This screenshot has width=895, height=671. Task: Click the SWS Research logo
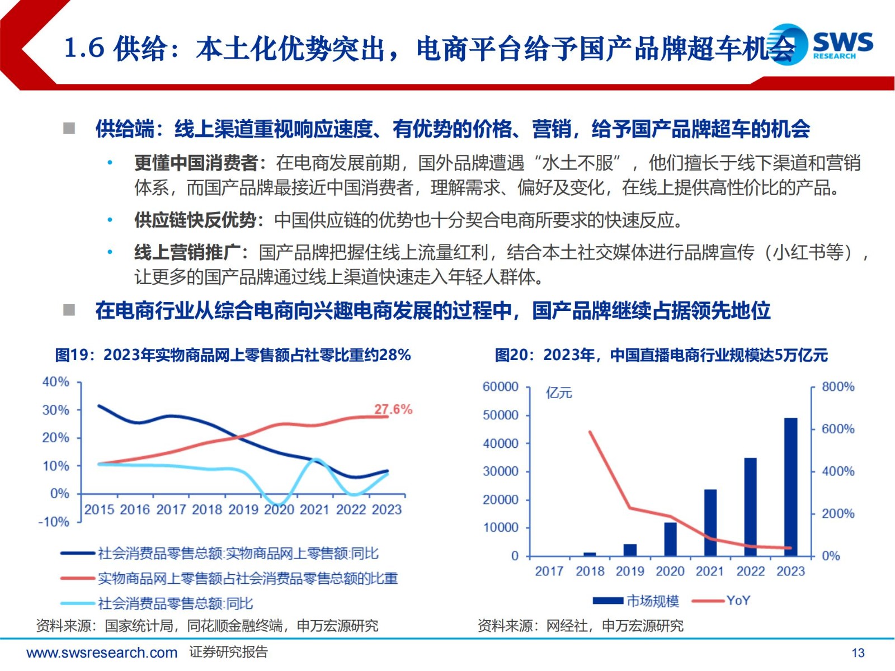tap(821, 44)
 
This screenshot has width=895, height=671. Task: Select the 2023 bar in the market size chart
tap(790, 486)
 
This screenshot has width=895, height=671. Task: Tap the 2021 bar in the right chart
tap(710, 522)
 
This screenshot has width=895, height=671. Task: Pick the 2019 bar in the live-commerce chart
tap(630, 550)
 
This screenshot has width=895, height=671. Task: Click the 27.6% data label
tap(393, 409)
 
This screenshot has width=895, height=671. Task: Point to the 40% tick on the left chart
tap(56, 382)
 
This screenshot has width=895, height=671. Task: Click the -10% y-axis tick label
tap(54, 522)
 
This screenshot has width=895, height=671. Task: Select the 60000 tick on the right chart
tap(500, 387)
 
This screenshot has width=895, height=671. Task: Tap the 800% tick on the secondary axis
tap(837, 387)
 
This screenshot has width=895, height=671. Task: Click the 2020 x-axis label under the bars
tap(670, 571)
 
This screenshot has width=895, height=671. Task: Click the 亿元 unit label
tap(559, 393)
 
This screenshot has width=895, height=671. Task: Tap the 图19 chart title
tap(233, 355)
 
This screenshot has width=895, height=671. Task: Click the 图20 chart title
tap(661, 355)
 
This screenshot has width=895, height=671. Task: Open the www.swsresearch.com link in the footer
tap(102, 653)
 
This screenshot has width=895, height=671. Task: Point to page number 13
tap(858, 653)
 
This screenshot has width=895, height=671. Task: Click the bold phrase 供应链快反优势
tap(195, 220)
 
